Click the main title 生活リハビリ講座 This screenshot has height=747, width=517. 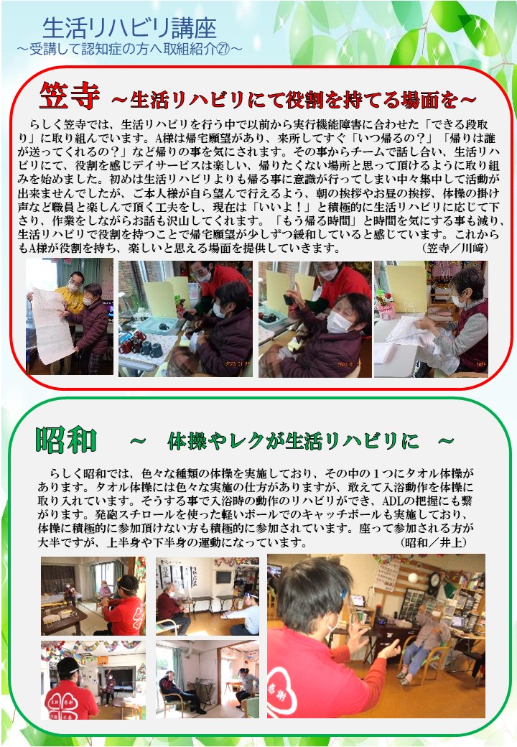(129, 29)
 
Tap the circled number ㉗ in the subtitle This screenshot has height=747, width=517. (223, 49)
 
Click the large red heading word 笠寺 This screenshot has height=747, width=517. (70, 96)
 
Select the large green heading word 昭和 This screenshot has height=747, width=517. (66, 440)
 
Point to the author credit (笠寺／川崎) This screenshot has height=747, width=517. (455, 248)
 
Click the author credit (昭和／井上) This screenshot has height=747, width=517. (433, 542)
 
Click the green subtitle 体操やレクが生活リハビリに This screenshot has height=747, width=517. (293, 442)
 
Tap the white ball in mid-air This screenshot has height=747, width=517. (413, 578)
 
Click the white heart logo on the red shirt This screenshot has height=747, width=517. (283, 691)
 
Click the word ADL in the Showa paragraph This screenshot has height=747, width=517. (393, 501)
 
